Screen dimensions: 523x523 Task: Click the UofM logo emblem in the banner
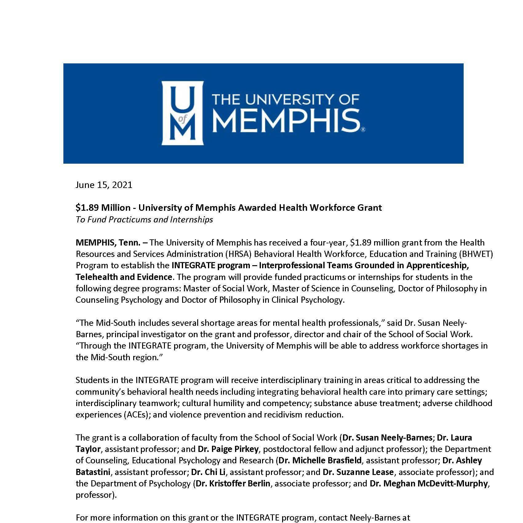[x=183, y=113]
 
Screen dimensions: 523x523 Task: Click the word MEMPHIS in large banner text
[x=286, y=120]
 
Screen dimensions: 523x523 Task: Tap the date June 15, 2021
[x=104, y=185]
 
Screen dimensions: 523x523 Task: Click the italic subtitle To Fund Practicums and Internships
[x=144, y=220]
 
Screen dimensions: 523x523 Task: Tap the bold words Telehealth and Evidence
[x=124, y=277]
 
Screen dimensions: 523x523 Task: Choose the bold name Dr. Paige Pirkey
[x=228, y=449]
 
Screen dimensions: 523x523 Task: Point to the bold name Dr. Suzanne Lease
[x=358, y=472]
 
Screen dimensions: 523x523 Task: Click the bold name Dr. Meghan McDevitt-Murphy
[x=429, y=484]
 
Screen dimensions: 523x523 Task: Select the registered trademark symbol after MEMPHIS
[x=363, y=130]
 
